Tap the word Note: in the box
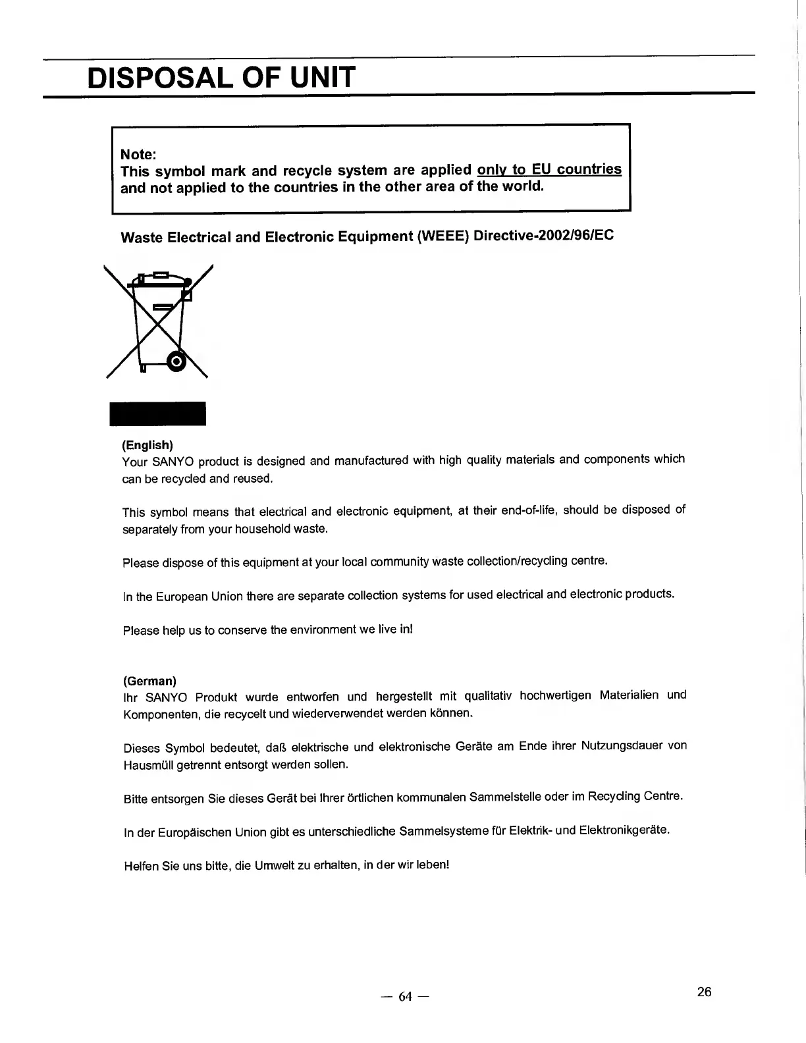[138, 154]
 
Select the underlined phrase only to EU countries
[549, 169]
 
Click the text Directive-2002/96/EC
[543, 236]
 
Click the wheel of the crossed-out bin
[176, 361]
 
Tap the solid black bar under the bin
[157, 414]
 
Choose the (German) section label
[149, 680]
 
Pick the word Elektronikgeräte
[624, 830]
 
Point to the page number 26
[704, 992]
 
